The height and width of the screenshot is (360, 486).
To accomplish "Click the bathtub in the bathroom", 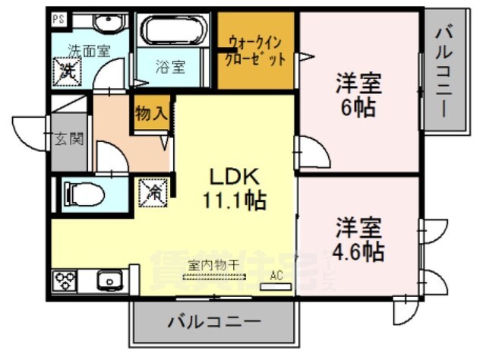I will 174,33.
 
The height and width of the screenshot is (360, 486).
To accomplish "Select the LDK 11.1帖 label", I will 234,189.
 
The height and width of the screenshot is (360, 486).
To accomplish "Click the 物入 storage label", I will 151,115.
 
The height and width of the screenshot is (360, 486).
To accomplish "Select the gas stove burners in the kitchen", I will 64,283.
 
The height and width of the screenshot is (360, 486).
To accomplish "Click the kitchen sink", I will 109,282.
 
